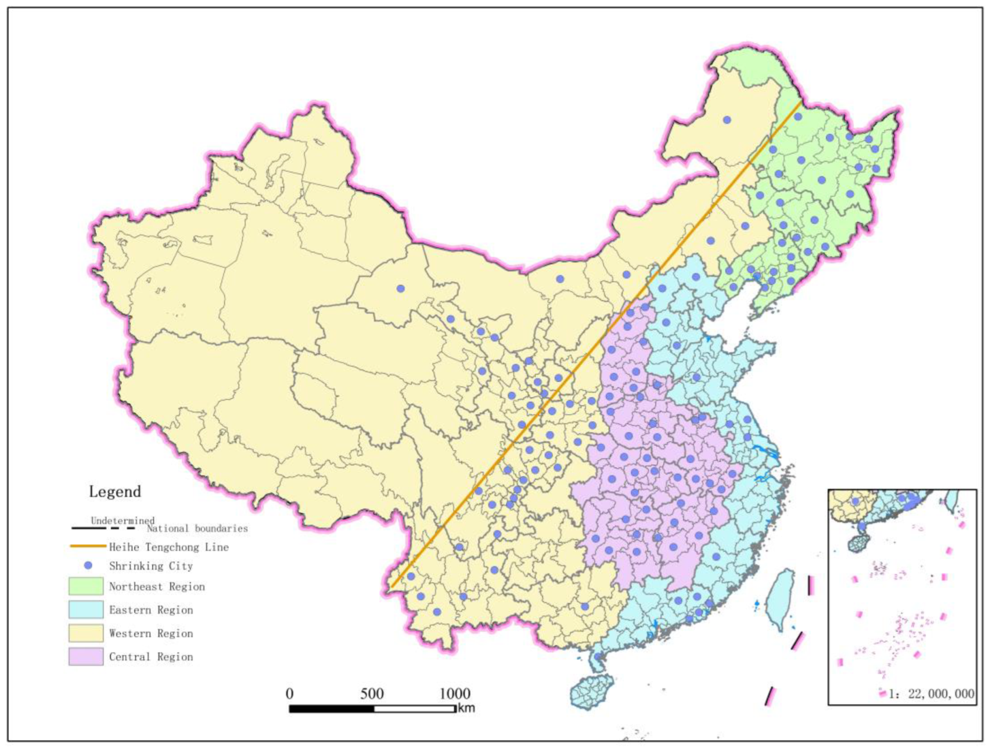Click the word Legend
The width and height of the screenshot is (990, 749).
tap(115, 491)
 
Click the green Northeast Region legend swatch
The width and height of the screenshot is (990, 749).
tap(85, 586)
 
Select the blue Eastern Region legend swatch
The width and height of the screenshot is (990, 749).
tap(85, 610)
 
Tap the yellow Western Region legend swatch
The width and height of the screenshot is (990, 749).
tap(85, 633)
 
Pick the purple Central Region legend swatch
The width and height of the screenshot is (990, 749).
tap(85, 657)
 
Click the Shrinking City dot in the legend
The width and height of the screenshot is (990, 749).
tap(89, 565)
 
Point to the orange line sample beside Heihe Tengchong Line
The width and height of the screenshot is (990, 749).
tap(88, 546)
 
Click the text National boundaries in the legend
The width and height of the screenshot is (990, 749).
tap(197, 528)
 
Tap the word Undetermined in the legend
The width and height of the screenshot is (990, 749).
tap(122, 520)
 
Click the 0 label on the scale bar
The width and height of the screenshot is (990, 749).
tap(289, 694)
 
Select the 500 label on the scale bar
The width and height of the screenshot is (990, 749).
tap(372, 694)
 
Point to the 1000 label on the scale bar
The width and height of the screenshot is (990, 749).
tap(454, 694)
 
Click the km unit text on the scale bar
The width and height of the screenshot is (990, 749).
tap(466, 708)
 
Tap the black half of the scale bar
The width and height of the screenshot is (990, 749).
tap(331, 709)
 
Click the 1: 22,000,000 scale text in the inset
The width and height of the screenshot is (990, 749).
tap(931, 694)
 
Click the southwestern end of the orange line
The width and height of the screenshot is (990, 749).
tap(391, 587)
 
